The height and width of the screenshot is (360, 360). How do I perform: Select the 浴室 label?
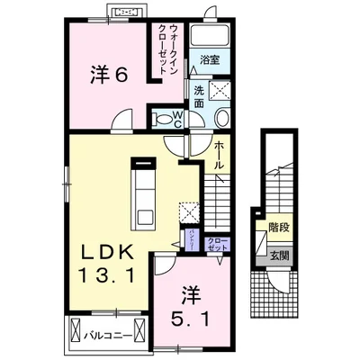coord(211,61)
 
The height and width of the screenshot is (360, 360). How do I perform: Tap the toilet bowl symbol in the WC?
coord(164,118)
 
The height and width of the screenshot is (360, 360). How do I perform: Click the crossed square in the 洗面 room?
coord(217,90)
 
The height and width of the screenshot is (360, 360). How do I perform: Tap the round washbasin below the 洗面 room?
coord(221,118)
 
